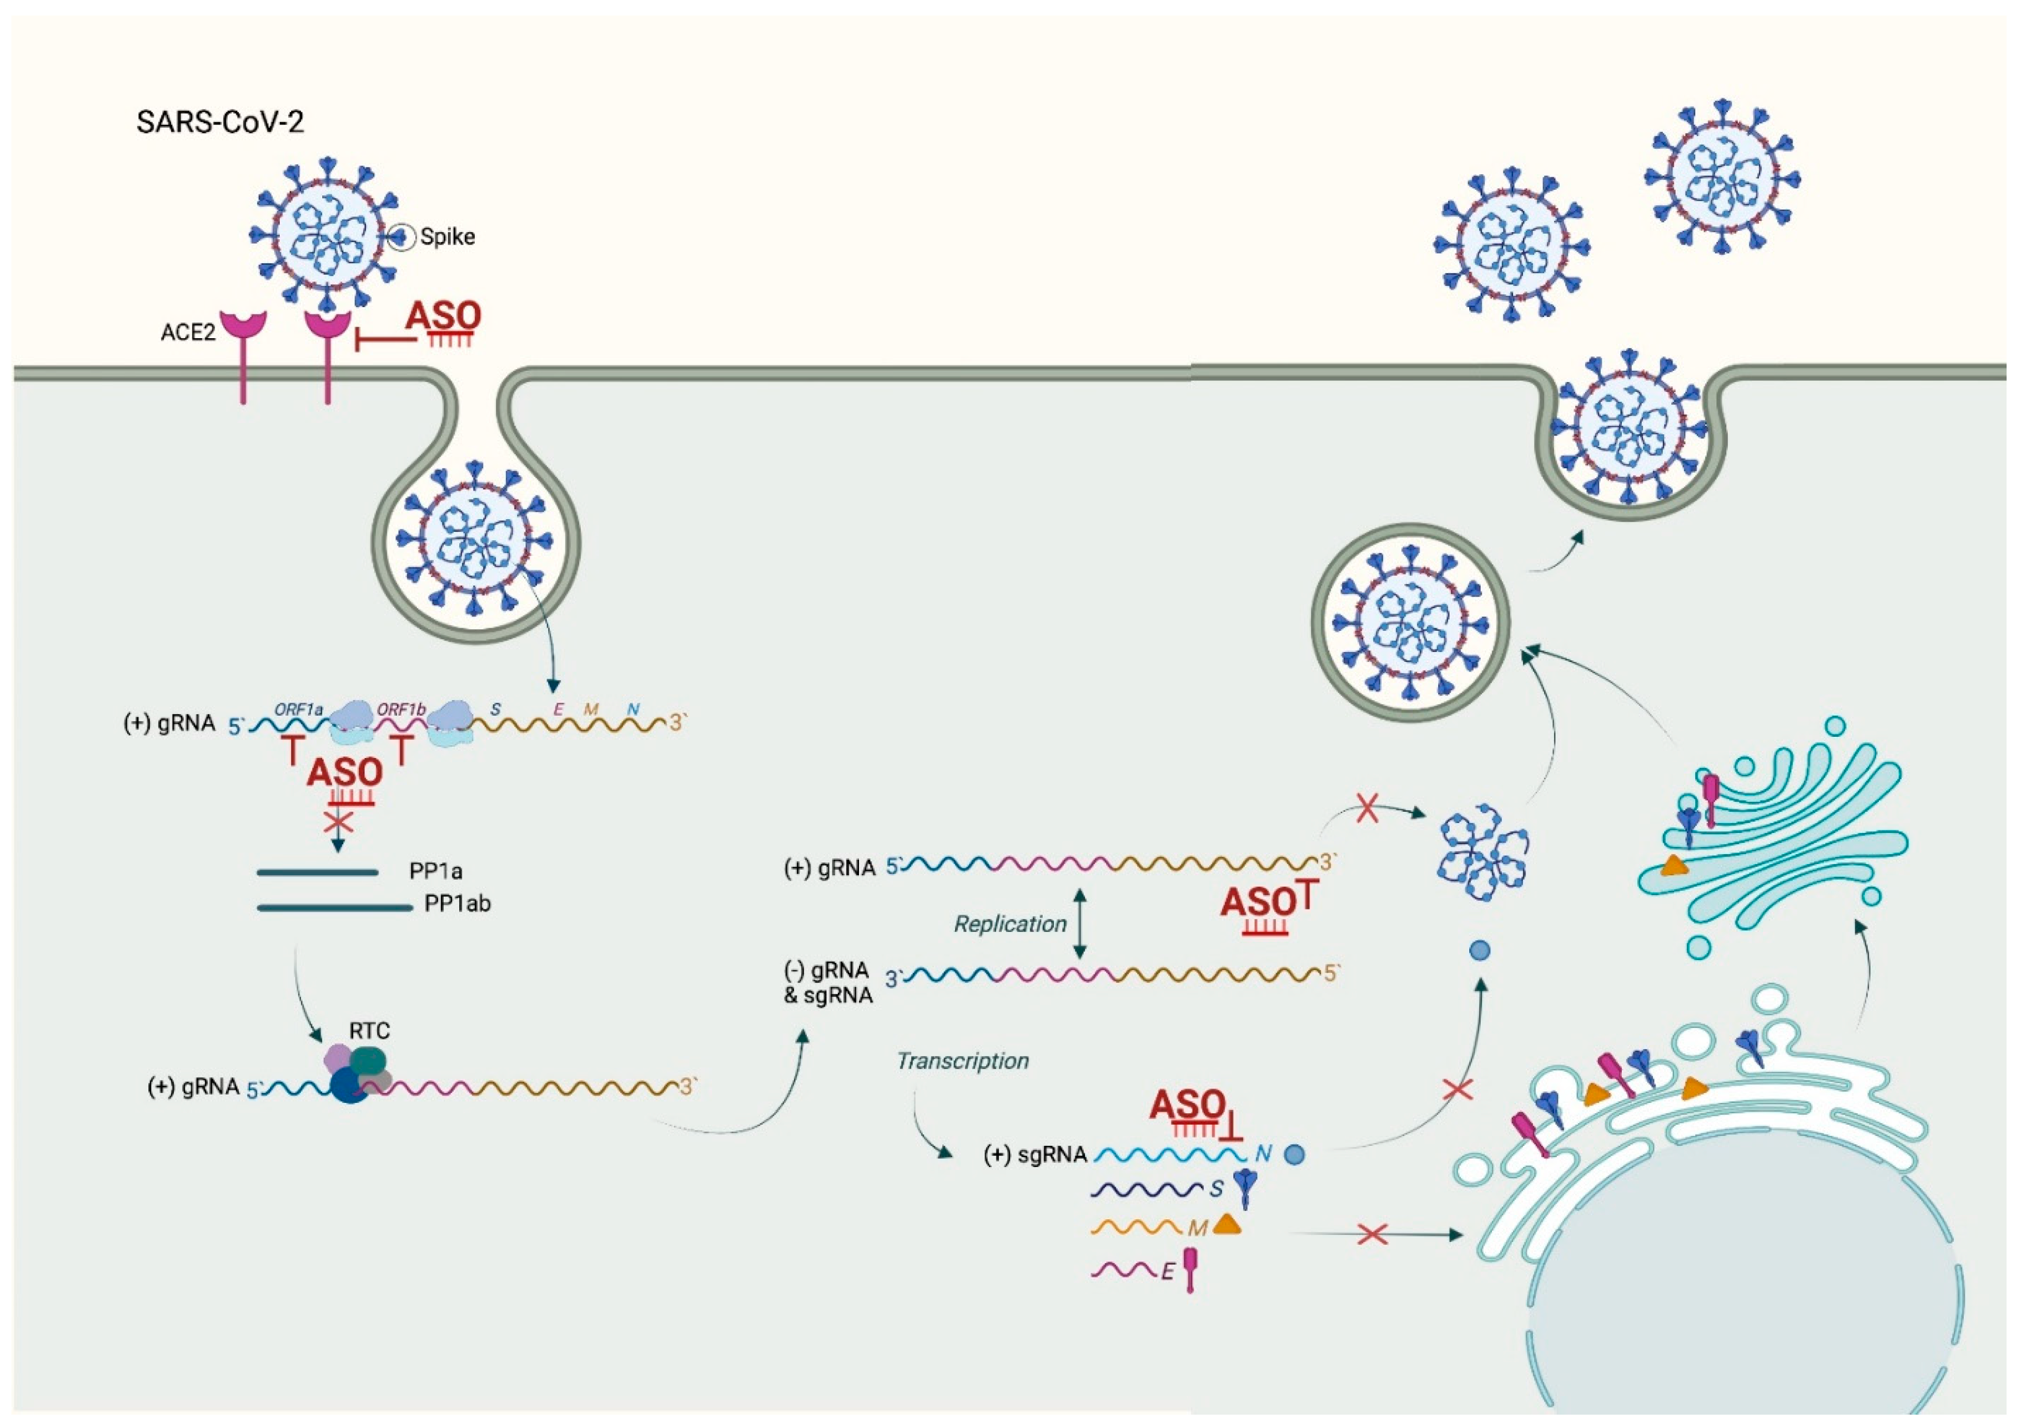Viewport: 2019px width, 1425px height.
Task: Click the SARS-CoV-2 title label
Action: tap(220, 122)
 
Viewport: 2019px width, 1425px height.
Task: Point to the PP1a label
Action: tap(435, 871)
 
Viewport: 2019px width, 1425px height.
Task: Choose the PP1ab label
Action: tap(457, 904)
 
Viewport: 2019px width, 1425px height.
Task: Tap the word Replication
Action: tap(1011, 924)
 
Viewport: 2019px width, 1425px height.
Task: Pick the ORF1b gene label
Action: tap(401, 709)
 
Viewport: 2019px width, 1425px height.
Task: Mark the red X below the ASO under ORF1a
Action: tap(339, 823)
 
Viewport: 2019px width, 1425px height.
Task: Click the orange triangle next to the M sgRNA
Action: tap(1227, 1224)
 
